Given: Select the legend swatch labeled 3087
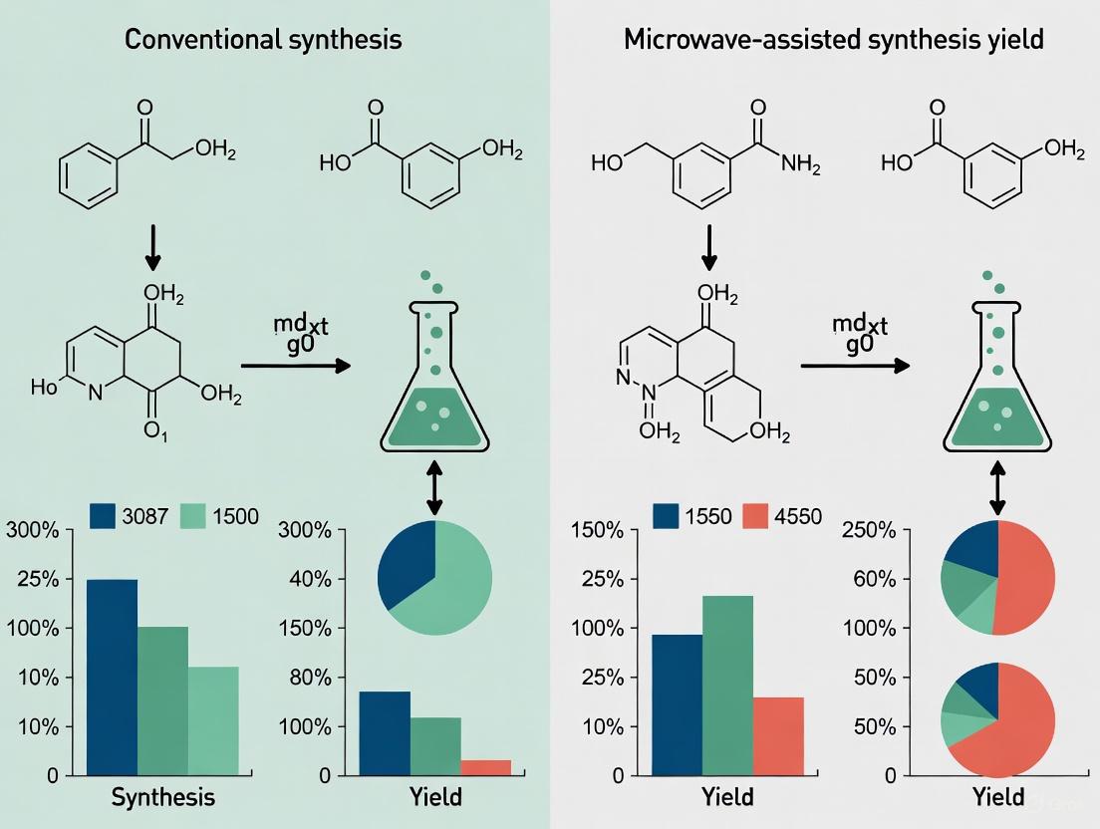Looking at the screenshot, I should click(104, 515).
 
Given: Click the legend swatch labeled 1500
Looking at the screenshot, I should click(193, 515).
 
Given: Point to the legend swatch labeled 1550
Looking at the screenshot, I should click(667, 515).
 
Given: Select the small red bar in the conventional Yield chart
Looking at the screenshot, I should click(485, 767).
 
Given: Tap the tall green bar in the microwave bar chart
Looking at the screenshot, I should click(727, 685).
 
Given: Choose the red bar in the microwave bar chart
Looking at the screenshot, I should click(778, 735).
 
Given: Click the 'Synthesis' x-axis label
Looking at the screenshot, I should click(163, 797).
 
